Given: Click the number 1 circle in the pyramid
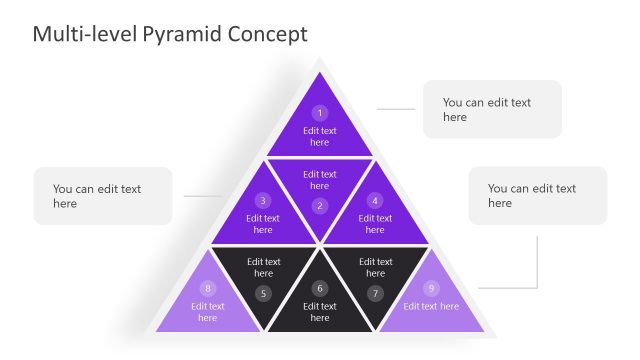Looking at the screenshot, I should (320, 113).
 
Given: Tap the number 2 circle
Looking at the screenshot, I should (320, 206).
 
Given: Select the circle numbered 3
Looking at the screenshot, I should (263, 200).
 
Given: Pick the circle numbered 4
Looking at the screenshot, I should (375, 200).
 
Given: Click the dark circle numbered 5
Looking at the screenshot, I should (263, 293).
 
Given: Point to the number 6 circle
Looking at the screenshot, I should (320, 288).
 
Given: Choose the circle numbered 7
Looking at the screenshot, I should (375, 293).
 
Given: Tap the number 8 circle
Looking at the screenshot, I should (208, 288).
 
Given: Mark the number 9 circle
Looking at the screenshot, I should (431, 288).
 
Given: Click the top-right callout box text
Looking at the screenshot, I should (487, 109).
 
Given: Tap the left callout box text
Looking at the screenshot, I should (97, 195).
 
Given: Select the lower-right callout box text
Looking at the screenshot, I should (532, 195).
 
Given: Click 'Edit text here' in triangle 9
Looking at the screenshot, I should (431, 306).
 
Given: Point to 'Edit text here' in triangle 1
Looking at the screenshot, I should (320, 136).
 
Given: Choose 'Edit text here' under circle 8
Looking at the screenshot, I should (208, 312).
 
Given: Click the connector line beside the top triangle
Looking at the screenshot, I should (395, 109).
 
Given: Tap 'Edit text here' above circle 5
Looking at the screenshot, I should (263, 267).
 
